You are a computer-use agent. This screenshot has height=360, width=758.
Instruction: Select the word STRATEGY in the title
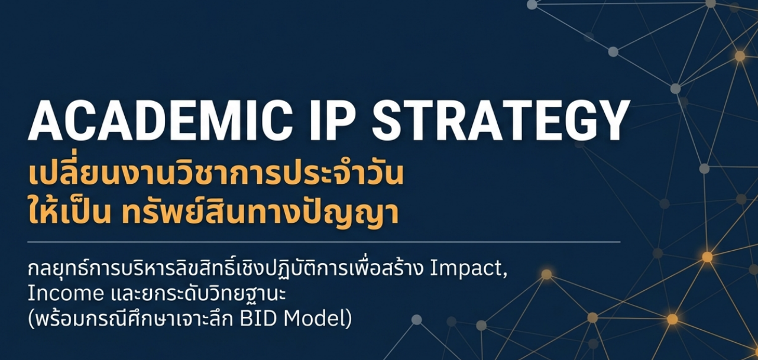501,121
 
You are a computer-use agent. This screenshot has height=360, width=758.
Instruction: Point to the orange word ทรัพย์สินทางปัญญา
260,212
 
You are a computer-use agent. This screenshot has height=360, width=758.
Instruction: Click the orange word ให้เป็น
70,212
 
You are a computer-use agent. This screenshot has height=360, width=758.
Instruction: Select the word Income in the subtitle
66,294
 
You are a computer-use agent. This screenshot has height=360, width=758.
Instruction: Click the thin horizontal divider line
324,242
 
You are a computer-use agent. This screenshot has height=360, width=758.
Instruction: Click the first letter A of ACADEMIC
46,121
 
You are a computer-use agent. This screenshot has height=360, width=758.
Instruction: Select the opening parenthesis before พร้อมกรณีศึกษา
31,319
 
